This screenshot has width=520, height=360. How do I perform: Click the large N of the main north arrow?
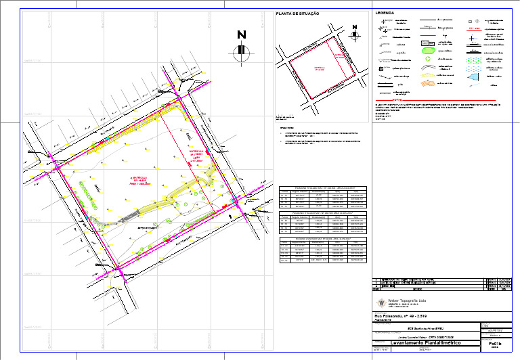[240, 35]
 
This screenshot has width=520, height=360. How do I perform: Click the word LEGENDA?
[385, 13]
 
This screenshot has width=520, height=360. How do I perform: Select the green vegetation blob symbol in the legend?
[429, 49]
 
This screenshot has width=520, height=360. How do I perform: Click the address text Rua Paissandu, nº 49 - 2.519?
[402, 316]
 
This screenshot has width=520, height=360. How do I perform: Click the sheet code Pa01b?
[494, 344]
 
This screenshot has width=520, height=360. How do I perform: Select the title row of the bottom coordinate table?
[322, 238]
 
